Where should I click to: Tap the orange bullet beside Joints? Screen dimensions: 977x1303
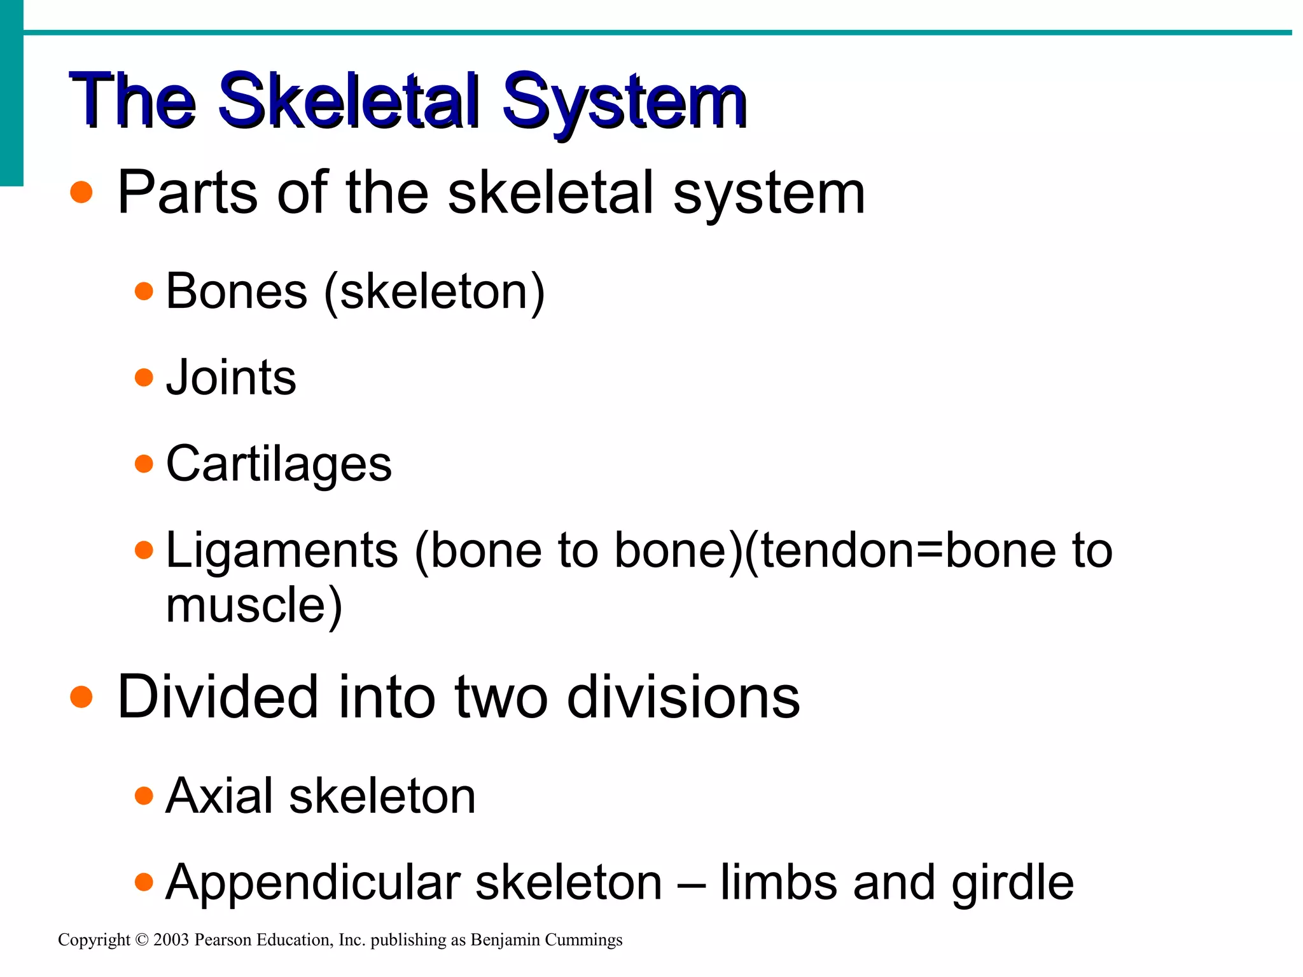coord(144,378)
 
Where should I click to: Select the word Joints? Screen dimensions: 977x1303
coord(231,378)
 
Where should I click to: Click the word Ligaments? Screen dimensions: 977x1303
coord(282,550)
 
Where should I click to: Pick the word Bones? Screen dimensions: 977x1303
coord(237,291)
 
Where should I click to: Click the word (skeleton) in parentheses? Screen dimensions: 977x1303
coord(435,291)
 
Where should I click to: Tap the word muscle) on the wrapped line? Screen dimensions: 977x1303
coord(254,605)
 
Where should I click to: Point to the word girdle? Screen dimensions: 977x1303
coord(1012,883)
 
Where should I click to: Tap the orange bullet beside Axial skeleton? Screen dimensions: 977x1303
coord(144,796)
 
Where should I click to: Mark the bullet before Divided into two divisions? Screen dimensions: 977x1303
coord(81,697)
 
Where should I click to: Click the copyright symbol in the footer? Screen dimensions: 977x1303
coord(142,940)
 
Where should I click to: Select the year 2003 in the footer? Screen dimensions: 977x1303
coord(171,940)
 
